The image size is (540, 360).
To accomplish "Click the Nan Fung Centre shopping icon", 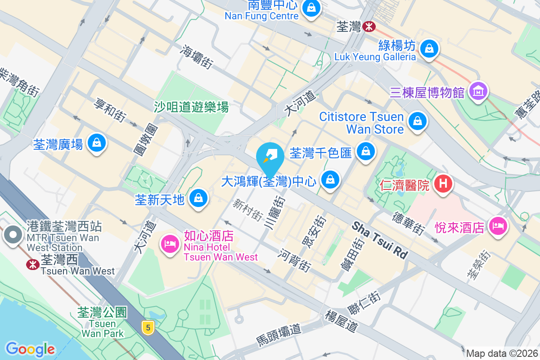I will pos(311,8).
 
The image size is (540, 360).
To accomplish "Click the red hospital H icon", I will pos(443,184).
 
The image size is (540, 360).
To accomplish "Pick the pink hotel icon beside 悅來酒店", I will pos(498,225).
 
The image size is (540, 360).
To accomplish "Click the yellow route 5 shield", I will pos(148,327).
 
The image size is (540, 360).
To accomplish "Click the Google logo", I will pos(30,349).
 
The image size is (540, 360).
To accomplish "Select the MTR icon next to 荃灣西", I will pos(32,264).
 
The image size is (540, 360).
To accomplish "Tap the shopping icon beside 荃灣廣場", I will pos(96,143).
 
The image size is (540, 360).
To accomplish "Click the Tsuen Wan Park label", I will pos(102,323).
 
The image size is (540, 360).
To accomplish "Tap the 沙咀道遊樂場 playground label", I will pos(191,107).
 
